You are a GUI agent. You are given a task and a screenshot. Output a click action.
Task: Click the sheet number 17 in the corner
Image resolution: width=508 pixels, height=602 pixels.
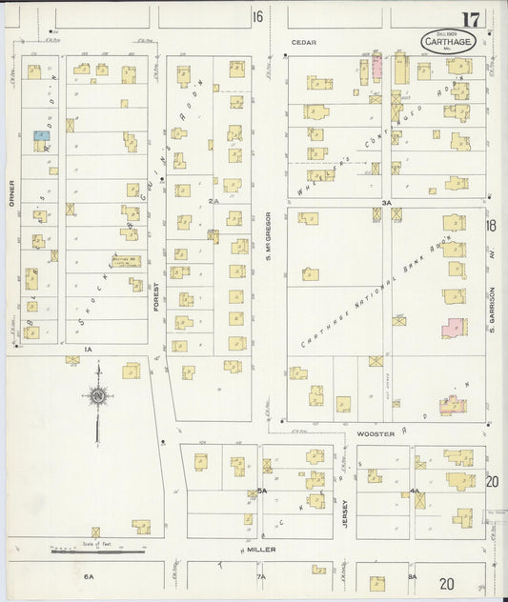pos(471,20)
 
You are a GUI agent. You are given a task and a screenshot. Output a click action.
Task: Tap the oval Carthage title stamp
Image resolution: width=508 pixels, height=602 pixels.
pos(448,41)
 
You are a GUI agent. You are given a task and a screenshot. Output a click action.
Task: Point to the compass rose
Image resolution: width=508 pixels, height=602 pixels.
pos(97,396)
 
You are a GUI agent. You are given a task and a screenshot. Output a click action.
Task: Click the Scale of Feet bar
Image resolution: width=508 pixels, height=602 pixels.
pos(97,549)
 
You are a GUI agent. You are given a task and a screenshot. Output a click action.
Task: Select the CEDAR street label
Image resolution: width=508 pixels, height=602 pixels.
pos(303,43)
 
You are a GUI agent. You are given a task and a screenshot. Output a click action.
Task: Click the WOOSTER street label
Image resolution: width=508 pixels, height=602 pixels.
pos(375,432)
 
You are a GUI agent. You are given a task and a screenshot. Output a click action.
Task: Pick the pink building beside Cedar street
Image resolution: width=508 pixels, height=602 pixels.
pos(376,67)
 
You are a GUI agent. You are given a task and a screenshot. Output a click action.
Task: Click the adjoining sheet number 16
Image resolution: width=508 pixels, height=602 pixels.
pos(257,17)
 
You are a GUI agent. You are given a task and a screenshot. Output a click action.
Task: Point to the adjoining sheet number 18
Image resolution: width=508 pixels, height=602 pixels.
pos(491,226)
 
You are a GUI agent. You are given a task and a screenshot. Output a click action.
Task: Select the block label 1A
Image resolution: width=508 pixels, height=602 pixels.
pos(87,351)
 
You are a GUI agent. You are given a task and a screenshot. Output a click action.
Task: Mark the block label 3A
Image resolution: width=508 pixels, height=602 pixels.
pos(386,203)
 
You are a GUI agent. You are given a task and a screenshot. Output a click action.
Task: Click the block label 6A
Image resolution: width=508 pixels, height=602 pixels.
pos(89,576)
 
